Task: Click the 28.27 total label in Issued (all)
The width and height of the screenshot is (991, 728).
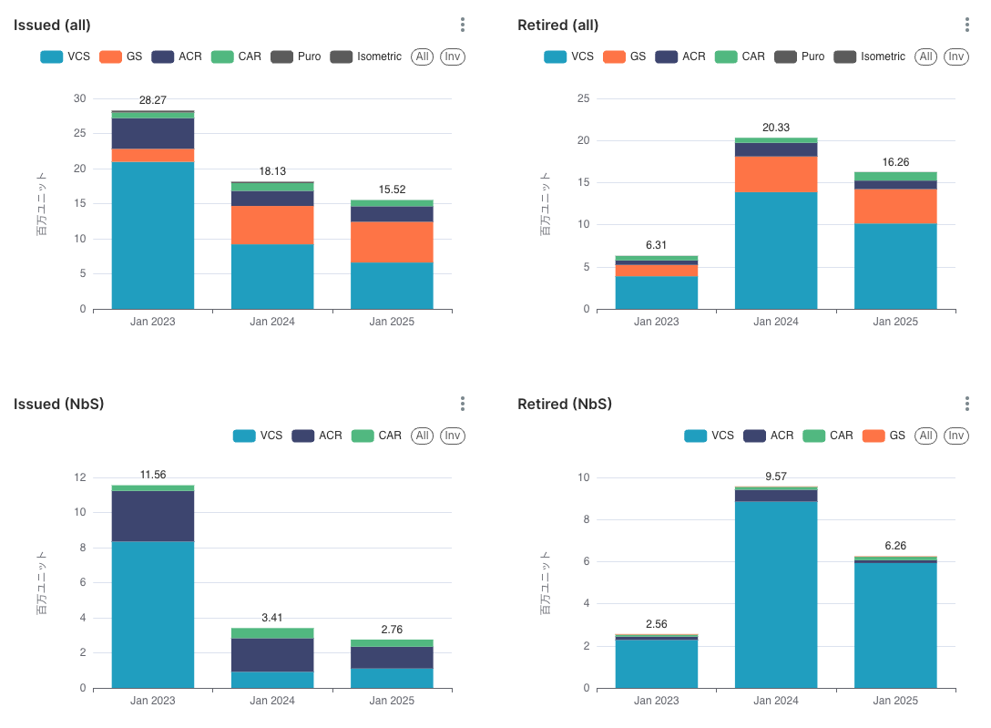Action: coord(152,100)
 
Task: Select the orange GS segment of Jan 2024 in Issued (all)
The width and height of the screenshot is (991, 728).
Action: coord(272,224)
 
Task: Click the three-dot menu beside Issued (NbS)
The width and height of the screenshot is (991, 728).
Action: coord(463,404)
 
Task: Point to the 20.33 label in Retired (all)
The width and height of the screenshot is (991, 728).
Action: coord(776,128)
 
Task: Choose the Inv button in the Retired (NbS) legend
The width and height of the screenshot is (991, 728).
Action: coord(956,436)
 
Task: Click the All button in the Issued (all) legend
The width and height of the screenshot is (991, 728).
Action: coord(422,56)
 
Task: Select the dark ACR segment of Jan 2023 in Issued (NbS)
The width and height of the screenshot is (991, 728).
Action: coord(153,516)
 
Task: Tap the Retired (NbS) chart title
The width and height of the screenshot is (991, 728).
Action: coord(565,404)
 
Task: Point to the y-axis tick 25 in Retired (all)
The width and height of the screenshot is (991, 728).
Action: coord(584,98)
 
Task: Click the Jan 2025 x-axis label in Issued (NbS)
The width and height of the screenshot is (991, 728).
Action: coord(392,701)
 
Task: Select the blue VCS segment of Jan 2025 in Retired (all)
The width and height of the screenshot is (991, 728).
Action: coord(895,266)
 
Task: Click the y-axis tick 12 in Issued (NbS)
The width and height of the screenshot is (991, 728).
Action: coord(79,477)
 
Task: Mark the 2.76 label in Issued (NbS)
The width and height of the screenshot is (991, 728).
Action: coord(392,630)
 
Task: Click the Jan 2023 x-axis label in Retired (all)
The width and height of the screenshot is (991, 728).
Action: coord(657,322)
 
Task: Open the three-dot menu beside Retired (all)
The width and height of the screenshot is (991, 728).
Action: coord(967,25)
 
